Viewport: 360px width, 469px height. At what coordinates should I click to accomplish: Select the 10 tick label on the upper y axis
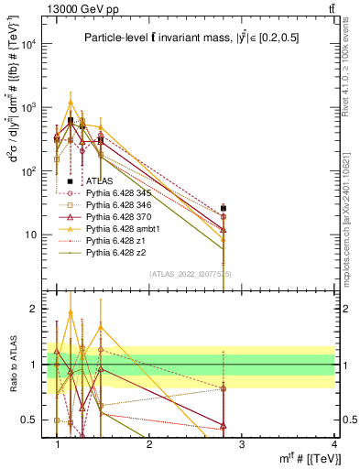[x=32, y=235]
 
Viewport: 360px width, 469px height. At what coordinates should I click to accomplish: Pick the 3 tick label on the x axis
[x=240, y=444]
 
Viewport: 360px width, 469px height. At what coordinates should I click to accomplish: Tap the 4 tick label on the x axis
[x=333, y=444]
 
